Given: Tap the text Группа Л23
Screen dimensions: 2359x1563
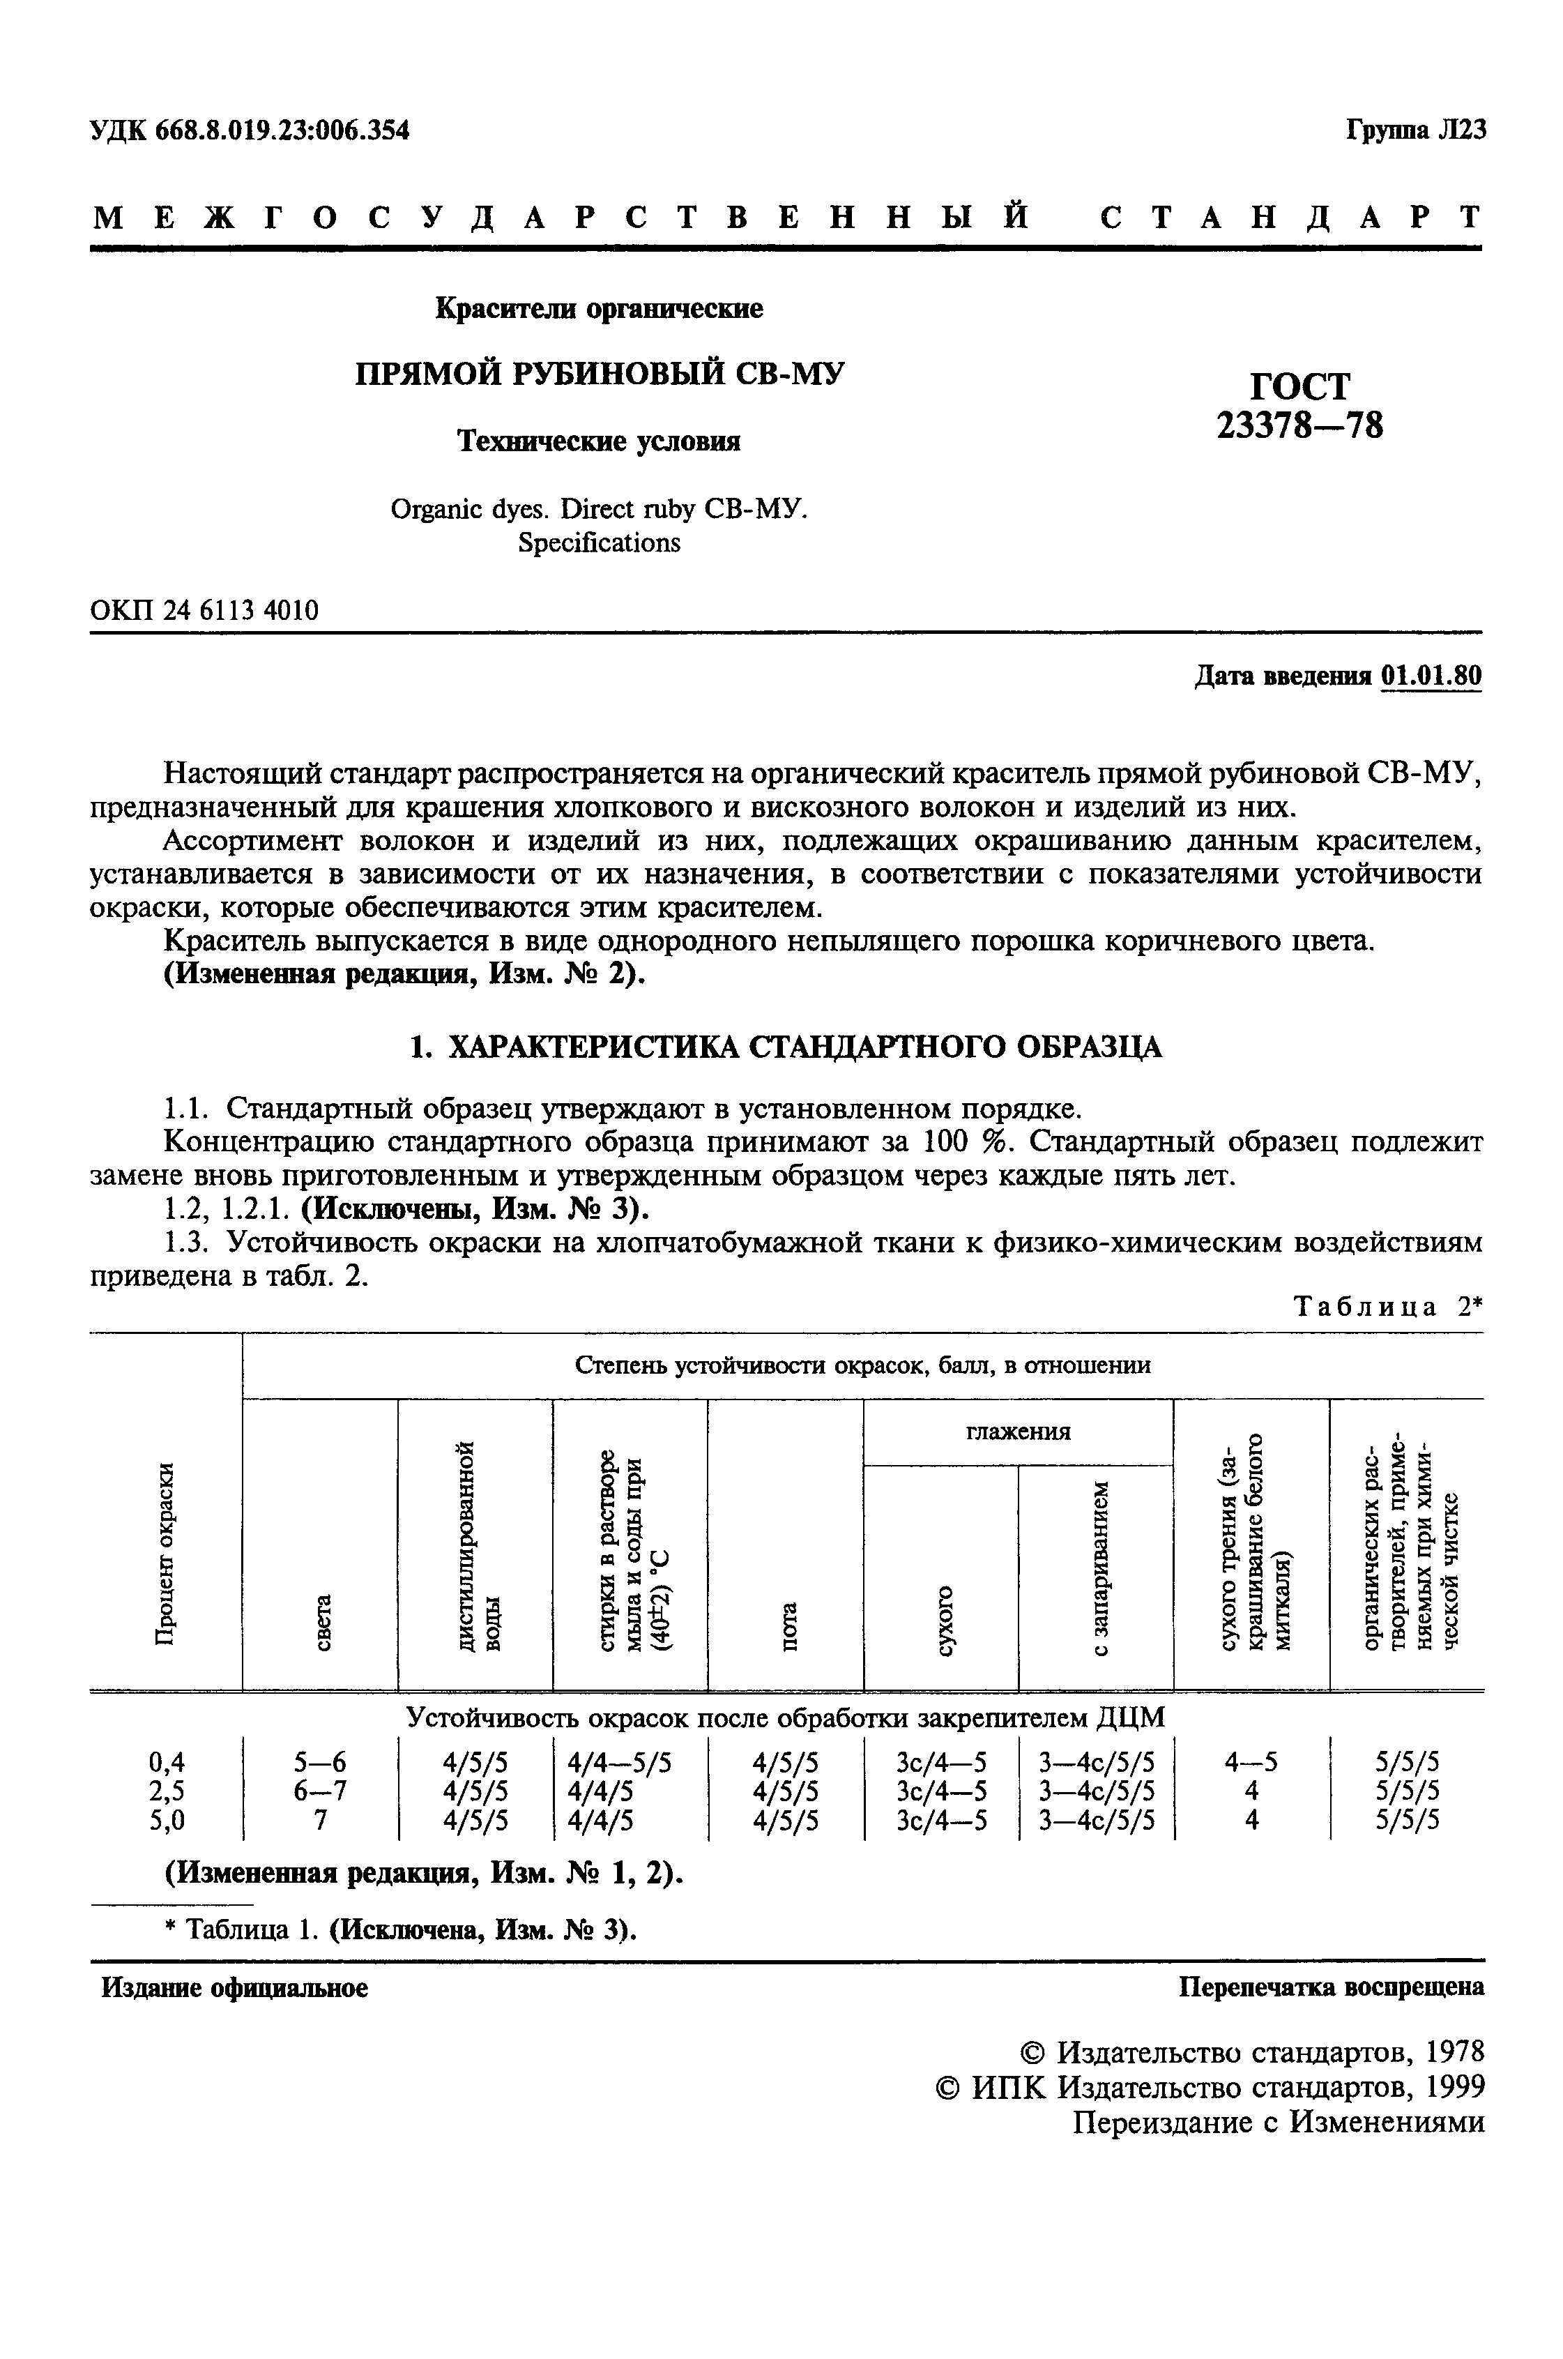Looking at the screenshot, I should click(1415, 130).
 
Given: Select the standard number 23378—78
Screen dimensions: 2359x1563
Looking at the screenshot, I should click(1300, 426).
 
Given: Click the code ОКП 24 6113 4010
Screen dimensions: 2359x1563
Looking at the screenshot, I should click(204, 609).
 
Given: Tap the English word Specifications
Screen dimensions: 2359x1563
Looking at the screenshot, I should click(599, 543).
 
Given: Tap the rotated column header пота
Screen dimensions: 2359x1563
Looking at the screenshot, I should click(788, 1627).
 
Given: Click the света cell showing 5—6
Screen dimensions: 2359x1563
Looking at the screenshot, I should click(320, 1762).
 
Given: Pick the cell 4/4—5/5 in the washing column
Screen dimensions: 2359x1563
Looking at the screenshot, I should click(619, 1762).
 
